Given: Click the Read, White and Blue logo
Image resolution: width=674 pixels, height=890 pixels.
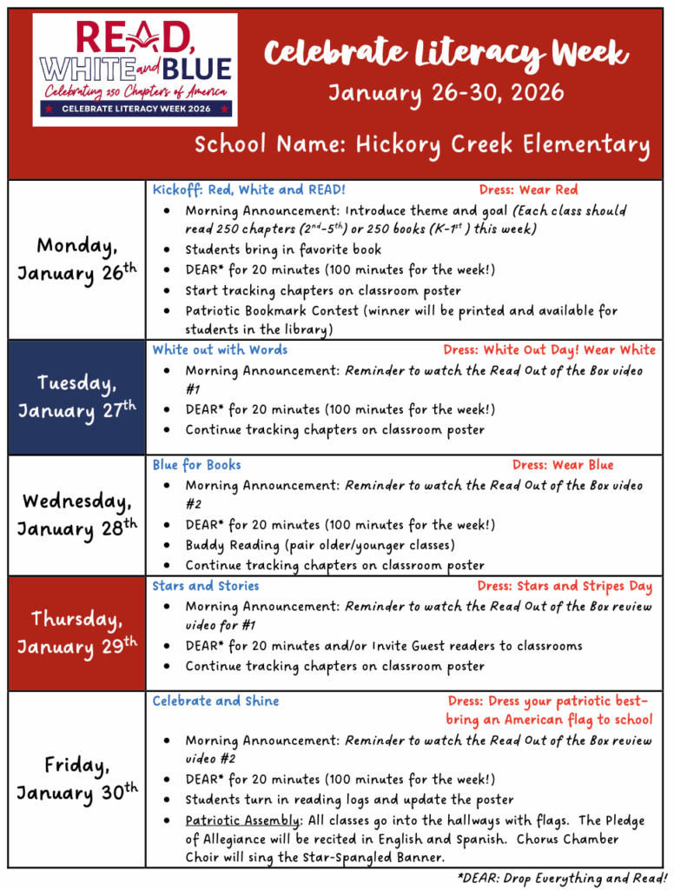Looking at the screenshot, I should pyautogui.click(x=135, y=70).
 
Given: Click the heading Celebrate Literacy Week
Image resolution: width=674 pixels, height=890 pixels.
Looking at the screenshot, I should pyautogui.click(x=446, y=54).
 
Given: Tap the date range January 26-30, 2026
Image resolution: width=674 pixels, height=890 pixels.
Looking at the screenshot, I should pyautogui.click(x=446, y=92).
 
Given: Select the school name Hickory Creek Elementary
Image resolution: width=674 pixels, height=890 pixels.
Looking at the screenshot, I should pyautogui.click(x=422, y=143).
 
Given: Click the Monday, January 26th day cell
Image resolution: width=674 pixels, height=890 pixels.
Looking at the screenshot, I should pyautogui.click(x=77, y=259).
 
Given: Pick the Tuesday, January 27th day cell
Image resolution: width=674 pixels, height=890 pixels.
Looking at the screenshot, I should pyautogui.click(x=77, y=396).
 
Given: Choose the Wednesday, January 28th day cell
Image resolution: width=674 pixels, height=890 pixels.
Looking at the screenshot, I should pyautogui.click(x=77, y=515).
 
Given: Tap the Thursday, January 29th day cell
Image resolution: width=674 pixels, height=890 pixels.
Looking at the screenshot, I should pyautogui.click(x=77, y=633).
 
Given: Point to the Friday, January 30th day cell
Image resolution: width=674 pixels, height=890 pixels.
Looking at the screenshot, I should pyautogui.click(x=77, y=779).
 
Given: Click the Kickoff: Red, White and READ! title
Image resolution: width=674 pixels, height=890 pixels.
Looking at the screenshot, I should pyautogui.click(x=248, y=189).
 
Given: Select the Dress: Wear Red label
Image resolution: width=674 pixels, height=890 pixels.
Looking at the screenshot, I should pyautogui.click(x=528, y=189).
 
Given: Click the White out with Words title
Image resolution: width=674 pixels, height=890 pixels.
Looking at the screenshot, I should pyautogui.click(x=220, y=349).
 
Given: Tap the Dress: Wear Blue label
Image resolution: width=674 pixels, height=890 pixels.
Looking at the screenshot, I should pyautogui.click(x=562, y=465).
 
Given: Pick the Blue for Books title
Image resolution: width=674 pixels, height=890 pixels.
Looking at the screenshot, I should pyautogui.click(x=197, y=465).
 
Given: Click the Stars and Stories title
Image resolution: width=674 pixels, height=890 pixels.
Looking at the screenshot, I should pyautogui.click(x=206, y=586).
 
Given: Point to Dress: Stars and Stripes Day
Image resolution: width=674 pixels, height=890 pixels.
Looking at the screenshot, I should pyautogui.click(x=565, y=586).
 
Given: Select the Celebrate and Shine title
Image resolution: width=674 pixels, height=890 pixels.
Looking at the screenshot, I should pyautogui.click(x=216, y=701).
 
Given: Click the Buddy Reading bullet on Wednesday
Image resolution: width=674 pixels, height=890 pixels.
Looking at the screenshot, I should pyautogui.click(x=320, y=545).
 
